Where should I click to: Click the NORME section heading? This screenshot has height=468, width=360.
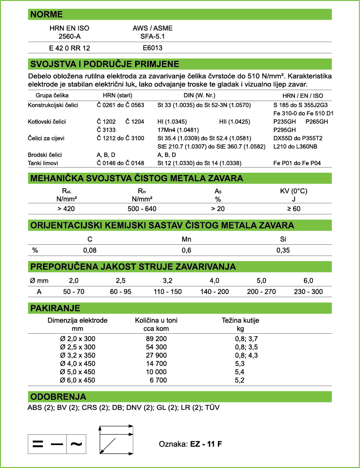pos(46,15)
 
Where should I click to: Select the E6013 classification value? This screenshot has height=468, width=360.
pos(152,48)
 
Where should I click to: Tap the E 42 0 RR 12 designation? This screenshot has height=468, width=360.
pos(70,48)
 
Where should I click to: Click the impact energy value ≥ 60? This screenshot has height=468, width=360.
pos(293,209)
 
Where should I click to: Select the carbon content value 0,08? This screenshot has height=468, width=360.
pos(90,250)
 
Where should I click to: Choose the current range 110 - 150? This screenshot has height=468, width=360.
pos(167,292)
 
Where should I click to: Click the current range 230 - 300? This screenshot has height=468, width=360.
pos(308,292)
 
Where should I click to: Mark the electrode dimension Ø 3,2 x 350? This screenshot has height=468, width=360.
pos(78,355)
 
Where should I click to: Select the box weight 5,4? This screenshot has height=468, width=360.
pos(240,372)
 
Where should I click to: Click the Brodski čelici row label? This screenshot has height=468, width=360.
pos(45,154)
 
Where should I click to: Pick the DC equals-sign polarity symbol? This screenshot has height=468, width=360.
pos(38,444)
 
